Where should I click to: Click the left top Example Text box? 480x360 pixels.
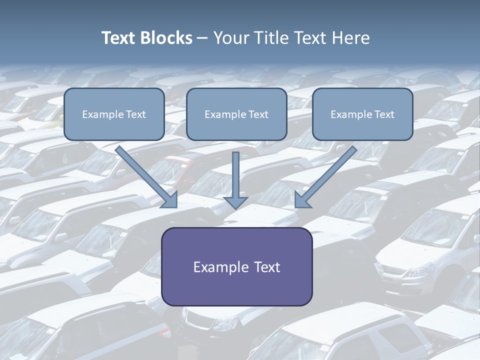click(114, 114)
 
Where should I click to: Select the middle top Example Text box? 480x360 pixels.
click(236, 114)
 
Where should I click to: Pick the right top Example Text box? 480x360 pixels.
click(362, 114)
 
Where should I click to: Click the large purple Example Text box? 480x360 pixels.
click(236, 266)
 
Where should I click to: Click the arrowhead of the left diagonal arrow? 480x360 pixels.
click(170, 200)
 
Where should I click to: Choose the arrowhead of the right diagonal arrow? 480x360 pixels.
click(302, 200)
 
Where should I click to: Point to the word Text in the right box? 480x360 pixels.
click(384, 114)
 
